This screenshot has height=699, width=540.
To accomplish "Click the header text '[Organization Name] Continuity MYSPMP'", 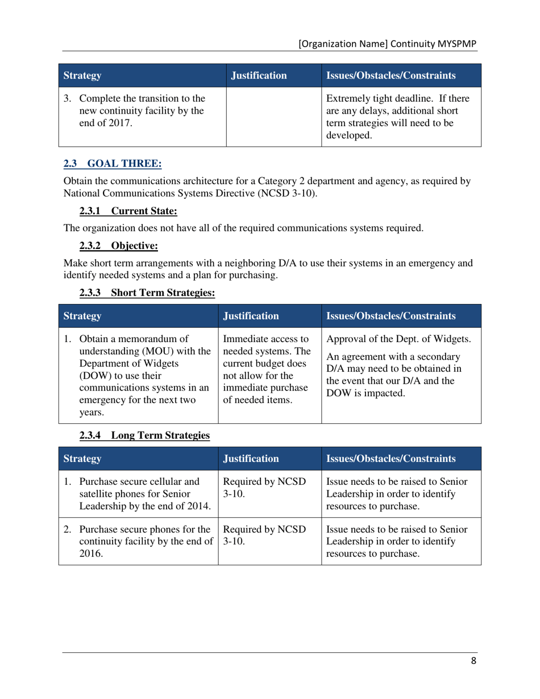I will point(388,44).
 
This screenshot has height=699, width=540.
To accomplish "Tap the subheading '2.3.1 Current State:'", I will point(128,211).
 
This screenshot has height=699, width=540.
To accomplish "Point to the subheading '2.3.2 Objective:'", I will point(118,246).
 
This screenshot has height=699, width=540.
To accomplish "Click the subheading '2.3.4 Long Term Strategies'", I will point(144,435).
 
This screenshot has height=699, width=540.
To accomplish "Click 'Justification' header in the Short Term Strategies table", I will point(251,316).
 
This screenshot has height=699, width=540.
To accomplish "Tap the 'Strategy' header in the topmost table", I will point(83,75).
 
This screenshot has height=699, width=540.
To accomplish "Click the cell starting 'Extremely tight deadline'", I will point(401,117).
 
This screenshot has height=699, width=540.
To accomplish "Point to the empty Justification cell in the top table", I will point(274,117).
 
